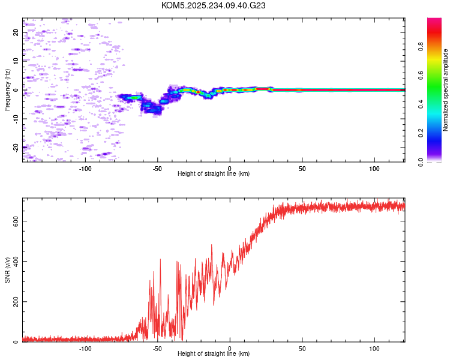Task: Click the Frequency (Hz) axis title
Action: [8, 90]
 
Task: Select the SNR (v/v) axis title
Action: [8, 269]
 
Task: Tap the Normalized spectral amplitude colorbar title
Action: [446, 90]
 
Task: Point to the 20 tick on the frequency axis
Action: [16, 32]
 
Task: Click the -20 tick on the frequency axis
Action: [16, 147]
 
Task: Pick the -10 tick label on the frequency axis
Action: [16, 118]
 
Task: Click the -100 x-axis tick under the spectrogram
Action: [85, 168]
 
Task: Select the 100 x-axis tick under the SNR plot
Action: [374, 348]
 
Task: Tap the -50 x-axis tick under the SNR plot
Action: [157, 348]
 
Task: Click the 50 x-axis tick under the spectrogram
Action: [302, 168]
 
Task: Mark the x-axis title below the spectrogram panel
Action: [214, 174]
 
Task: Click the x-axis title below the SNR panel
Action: [214, 354]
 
